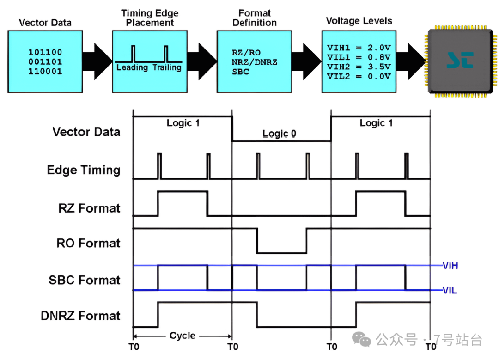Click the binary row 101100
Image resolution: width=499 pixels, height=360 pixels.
[45, 52]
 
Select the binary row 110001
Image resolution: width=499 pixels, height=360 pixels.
[45, 71]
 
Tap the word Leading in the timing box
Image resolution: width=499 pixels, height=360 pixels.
[132, 67]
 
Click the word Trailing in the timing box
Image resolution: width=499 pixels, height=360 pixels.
[167, 67]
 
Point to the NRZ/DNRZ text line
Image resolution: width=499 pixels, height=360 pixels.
[254, 62]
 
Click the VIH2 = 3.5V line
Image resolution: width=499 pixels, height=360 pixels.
[359, 67]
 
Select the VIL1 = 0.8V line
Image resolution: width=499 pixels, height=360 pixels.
[359, 57]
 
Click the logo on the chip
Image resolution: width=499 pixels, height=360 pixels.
[460, 60]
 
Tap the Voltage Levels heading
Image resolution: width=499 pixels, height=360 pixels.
[359, 21]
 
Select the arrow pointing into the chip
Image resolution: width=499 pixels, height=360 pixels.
[411, 61]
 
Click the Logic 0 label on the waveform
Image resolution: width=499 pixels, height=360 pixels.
[279, 134]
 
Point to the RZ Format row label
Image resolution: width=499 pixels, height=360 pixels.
[90, 208]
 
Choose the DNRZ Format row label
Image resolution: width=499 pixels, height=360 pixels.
[80, 316]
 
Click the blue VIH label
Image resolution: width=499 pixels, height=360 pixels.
[450, 265]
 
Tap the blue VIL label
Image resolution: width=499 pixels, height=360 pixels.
[450, 290]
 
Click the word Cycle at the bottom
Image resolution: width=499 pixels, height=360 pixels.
[183, 336]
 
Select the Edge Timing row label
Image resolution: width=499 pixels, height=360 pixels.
[84, 170]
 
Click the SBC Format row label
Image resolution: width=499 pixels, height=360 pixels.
[85, 280]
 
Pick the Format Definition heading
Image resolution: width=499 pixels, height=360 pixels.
[255, 18]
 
